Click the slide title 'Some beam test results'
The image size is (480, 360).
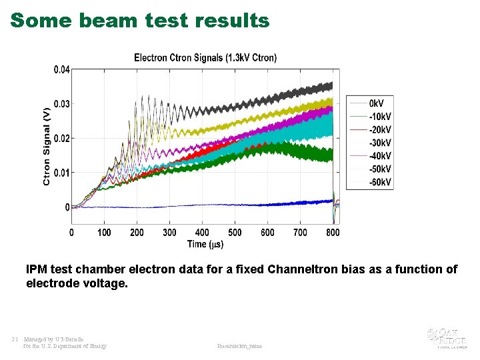[140, 21]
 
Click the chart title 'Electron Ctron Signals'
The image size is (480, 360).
[205, 57]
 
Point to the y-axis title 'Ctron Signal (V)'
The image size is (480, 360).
[47, 145]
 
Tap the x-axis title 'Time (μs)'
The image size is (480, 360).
[205, 244]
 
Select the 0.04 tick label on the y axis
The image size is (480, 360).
[61, 69]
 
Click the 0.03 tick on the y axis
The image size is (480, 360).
[61, 104]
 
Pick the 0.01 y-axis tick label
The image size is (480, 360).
[61, 173]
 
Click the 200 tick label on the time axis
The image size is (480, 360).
[137, 232]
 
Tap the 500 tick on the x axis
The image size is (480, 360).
[235, 232]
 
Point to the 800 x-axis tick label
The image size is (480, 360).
[333, 232]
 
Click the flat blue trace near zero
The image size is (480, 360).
[200, 206]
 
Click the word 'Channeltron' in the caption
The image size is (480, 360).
[301, 269]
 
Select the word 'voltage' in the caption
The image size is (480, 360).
[106, 283]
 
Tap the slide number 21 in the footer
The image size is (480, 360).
[15, 339]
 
